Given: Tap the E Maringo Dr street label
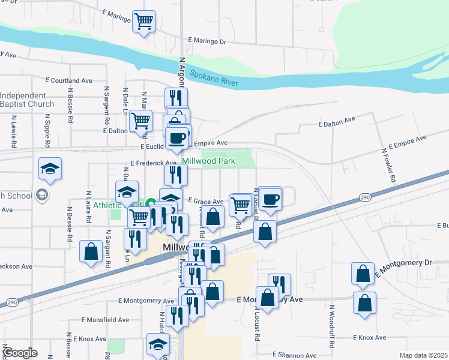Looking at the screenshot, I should (x=206, y=41).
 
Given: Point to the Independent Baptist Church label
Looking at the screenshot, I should (x=27, y=100).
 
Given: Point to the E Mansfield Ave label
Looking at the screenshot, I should (x=106, y=320).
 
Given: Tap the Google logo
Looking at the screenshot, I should (x=20, y=353).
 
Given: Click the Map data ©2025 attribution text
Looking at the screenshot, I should (x=423, y=355).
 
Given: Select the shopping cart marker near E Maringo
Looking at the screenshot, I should (x=144, y=22).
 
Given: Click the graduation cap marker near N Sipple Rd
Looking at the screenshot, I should (x=50, y=169).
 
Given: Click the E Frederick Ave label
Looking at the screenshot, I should (x=153, y=163).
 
